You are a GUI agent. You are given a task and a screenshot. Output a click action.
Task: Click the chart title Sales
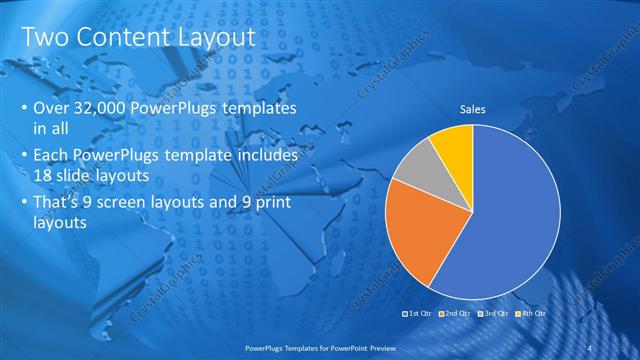[x=473, y=109]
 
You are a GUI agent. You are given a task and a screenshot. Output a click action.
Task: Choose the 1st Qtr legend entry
[x=419, y=314]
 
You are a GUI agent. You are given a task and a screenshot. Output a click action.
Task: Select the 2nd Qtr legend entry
[x=455, y=314]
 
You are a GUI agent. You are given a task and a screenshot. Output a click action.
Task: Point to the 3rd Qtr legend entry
[x=492, y=314]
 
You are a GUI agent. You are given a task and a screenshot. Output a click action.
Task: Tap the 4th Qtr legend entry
[x=529, y=314]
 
